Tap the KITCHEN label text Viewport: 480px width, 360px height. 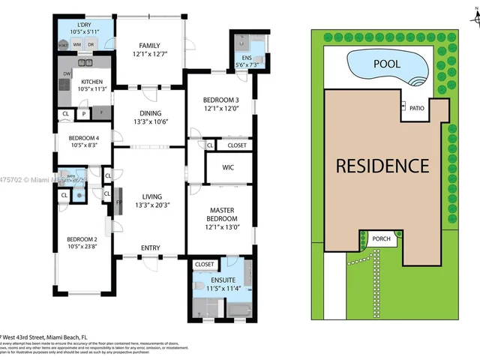(91, 82)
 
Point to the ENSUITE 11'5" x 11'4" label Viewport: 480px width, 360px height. (223, 283)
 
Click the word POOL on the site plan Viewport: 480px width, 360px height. (387, 64)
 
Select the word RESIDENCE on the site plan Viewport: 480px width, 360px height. (382, 166)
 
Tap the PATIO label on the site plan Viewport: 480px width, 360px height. (417, 109)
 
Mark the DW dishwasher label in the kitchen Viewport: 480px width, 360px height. (67, 73)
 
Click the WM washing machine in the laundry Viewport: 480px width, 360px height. (76, 45)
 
